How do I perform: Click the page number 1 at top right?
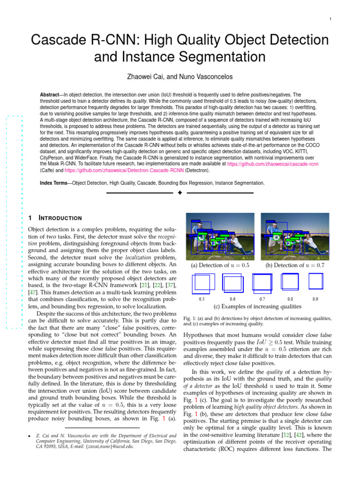tap(330, 19)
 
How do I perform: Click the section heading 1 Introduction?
tap(55, 218)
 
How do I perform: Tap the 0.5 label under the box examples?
tap(202, 298)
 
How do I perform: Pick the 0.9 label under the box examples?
tap(315, 298)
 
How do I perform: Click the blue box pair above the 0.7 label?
tap(262, 283)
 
